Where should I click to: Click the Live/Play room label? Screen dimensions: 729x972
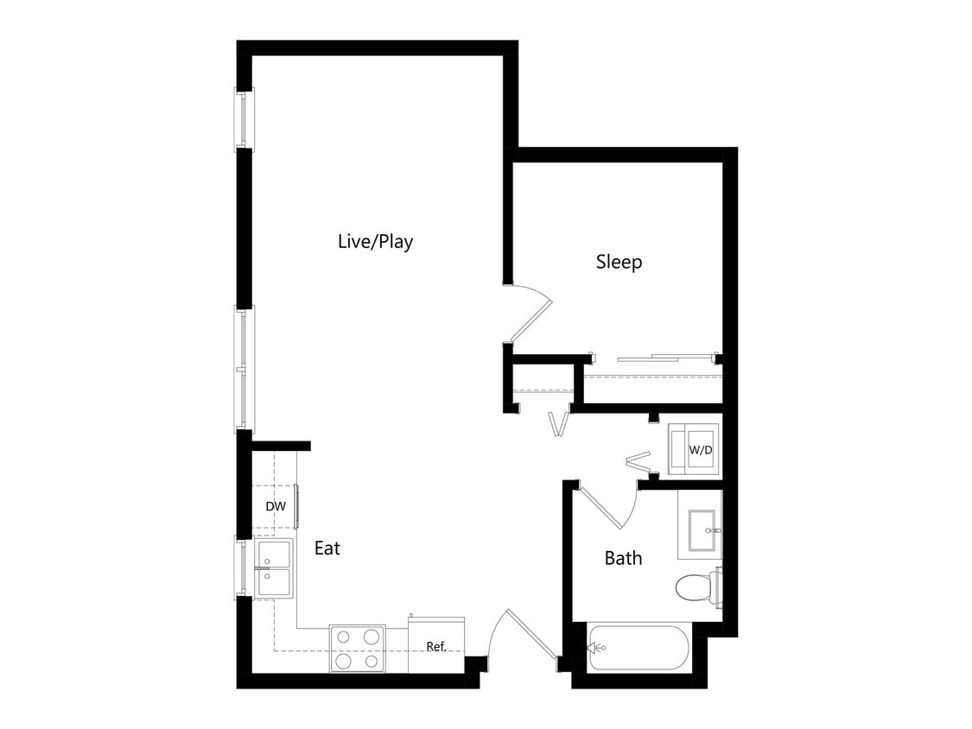375,242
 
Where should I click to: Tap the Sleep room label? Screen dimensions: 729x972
619,262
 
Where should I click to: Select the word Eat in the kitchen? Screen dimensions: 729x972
327,548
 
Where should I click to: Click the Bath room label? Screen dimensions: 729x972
623,558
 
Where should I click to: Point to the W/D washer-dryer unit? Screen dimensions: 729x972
698,450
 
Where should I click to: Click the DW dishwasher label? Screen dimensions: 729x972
275,506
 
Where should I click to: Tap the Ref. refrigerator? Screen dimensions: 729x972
436,645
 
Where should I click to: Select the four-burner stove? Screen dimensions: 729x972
357,649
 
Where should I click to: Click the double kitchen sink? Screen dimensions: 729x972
275,568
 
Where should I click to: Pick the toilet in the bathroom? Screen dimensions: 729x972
696,588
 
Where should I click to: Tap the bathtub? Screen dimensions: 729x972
639,648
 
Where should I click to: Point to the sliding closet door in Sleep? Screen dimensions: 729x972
665,356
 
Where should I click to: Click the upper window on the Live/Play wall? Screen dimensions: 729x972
245,119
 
